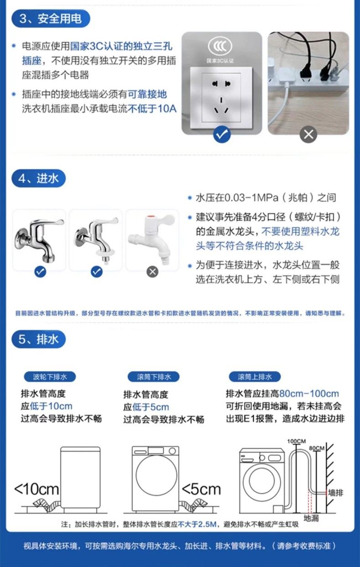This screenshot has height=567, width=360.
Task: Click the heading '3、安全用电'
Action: coord(50,19)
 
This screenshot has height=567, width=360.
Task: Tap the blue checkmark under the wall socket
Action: coord(222,134)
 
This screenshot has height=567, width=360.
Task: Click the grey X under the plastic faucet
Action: coord(153,272)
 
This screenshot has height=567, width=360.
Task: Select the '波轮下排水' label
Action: coord(50,377)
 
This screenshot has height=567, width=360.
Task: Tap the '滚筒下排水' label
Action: coord(154,377)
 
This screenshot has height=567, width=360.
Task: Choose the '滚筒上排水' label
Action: coord(255,377)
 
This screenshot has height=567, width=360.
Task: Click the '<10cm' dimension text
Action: coord(36,490)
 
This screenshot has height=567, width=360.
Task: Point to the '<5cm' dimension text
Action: coord(201,490)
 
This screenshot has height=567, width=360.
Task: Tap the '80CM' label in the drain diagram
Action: coord(317,448)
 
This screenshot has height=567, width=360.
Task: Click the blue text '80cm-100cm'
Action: coord(309,394)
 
